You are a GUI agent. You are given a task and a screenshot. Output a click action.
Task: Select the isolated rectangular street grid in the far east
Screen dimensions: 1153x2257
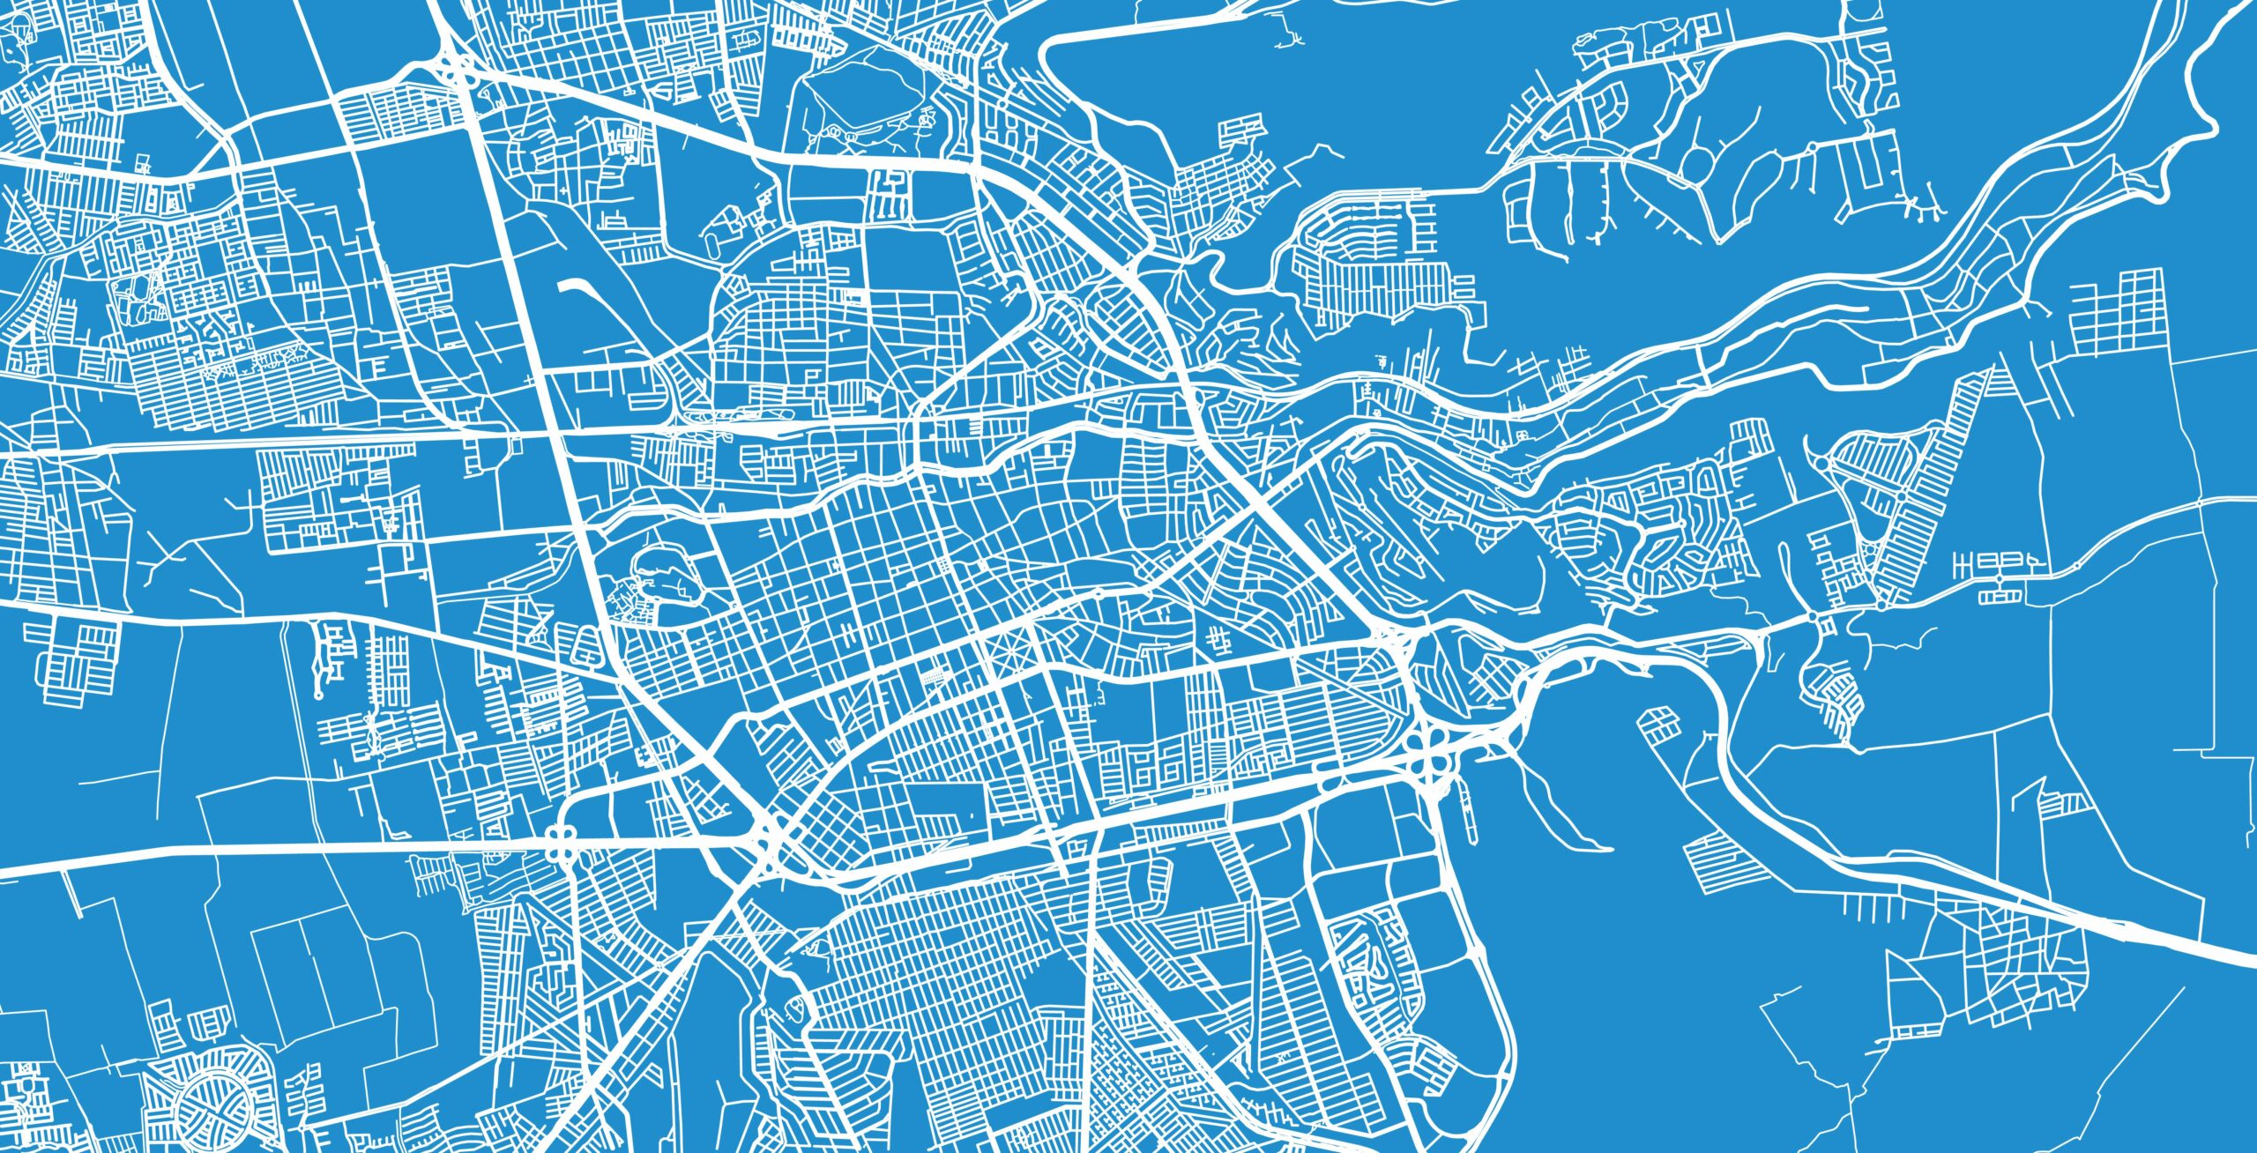point(2116,309)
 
